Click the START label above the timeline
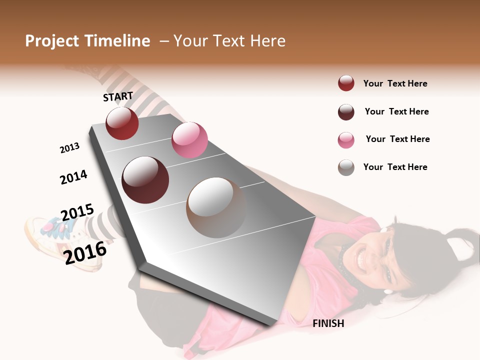[x=118, y=96]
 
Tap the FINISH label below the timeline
[x=328, y=323]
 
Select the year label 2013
[x=69, y=148]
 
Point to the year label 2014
[x=73, y=177]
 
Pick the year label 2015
[x=77, y=212]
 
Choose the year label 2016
[x=85, y=252]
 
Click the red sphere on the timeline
[x=122, y=123]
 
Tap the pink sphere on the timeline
[x=189, y=140]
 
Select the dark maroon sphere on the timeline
[x=145, y=180]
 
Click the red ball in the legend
[x=346, y=83]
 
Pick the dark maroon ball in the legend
[x=346, y=111]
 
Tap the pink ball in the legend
[x=346, y=139]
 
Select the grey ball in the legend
[x=346, y=167]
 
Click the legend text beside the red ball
[x=395, y=83]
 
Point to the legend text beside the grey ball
[x=395, y=167]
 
